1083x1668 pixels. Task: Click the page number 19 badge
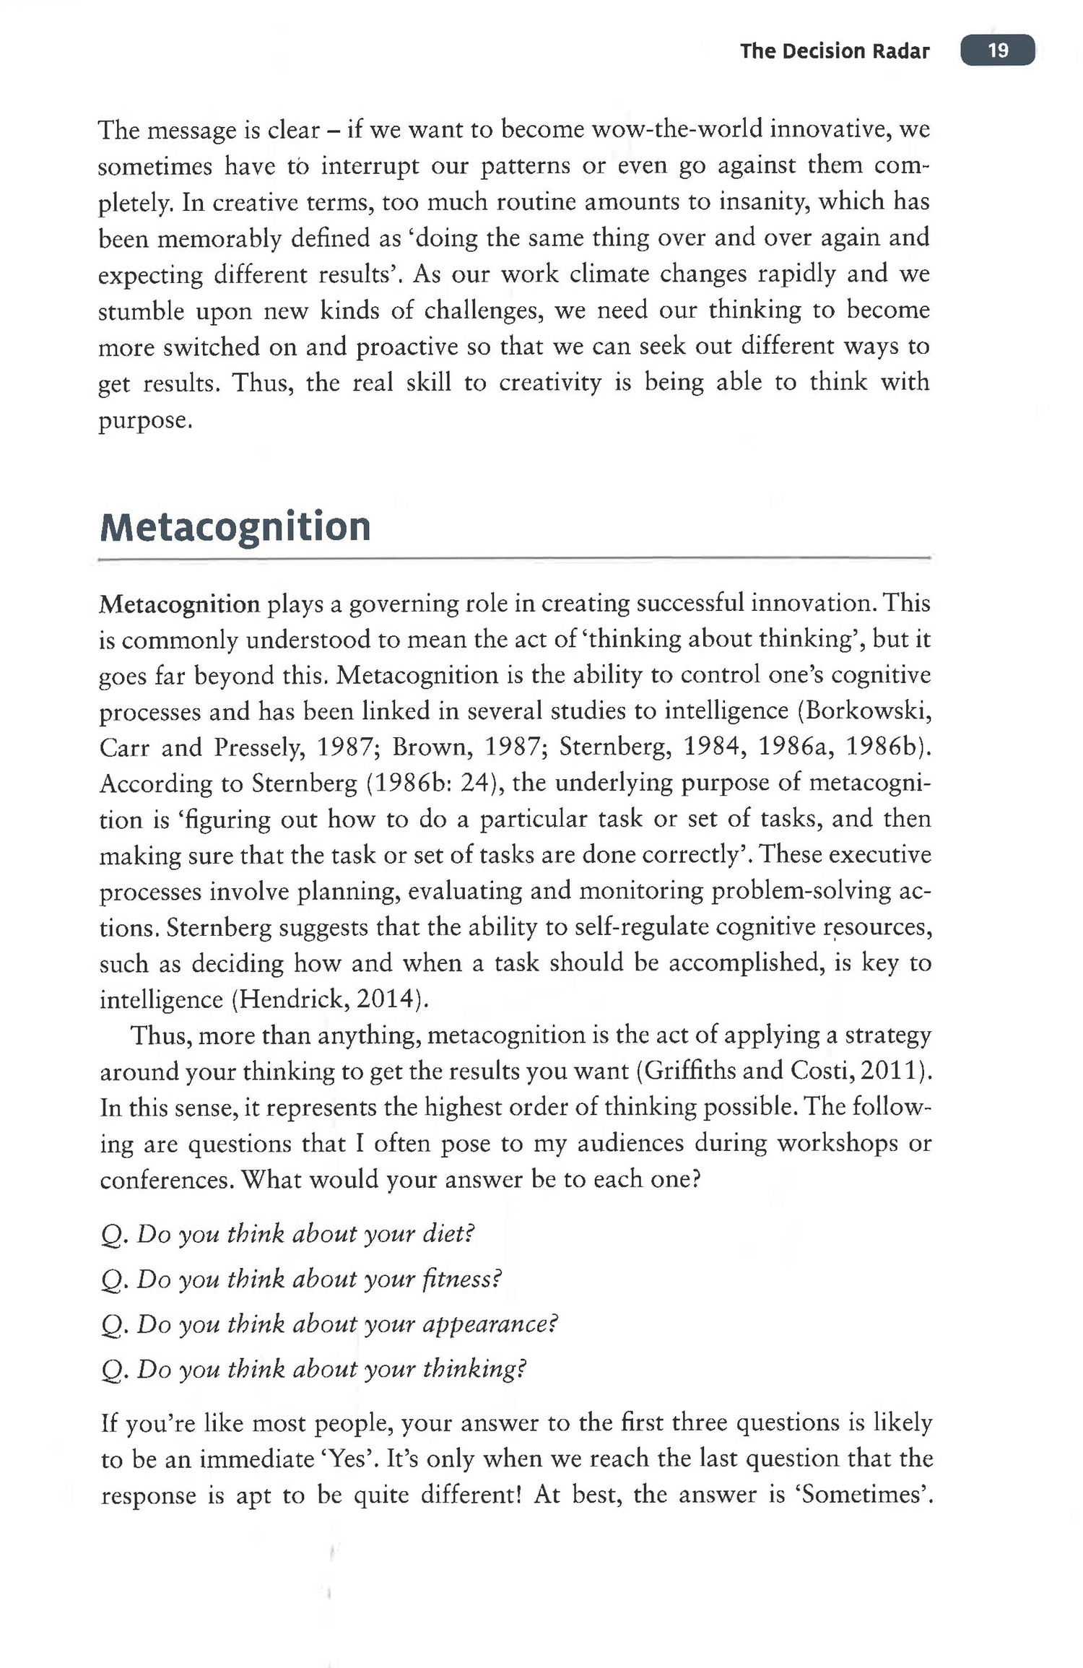click(x=997, y=51)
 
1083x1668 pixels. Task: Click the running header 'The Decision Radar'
click(x=834, y=51)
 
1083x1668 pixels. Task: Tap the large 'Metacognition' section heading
click(x=235, y=527)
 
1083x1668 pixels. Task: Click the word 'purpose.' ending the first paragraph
click(x=145, y=421)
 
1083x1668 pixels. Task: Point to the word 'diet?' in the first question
click(x=448, y=1234)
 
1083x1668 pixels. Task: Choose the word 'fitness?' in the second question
click(x=462, y=1280)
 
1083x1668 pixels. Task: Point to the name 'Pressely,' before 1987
click(x=259, y=747)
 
